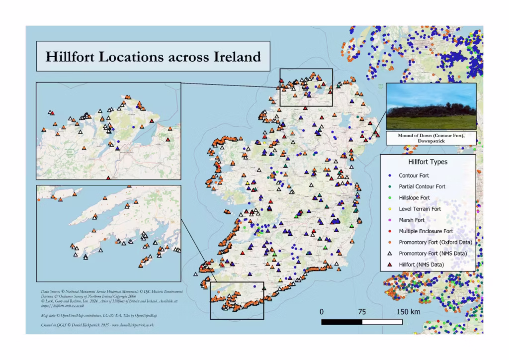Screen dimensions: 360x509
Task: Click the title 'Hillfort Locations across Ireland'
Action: click(153, 56)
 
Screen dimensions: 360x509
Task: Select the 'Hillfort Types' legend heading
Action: click(427, 162)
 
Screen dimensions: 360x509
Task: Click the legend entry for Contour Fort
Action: click(414, 176)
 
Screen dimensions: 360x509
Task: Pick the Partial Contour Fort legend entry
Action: click(422, 186)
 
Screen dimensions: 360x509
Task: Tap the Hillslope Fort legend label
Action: click(415, 198)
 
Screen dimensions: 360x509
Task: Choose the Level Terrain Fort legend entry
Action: click(420, 209)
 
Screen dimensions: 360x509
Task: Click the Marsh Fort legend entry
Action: click(412, 220)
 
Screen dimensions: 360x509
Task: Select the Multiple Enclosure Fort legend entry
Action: click(425, 231)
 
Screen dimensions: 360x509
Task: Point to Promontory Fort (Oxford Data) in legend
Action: click(435, 242)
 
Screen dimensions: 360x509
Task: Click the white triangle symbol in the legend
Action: click(390, 254)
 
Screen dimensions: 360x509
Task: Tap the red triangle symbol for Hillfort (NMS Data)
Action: click(390, 265)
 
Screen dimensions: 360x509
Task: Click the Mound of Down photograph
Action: click(430, 106)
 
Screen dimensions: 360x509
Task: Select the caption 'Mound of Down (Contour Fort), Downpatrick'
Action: click(430, 138)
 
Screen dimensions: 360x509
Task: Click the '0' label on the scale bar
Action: click(322, 312)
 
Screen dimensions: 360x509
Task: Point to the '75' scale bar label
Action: click(362, 312)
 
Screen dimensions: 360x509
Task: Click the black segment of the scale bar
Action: click(342, 322)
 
